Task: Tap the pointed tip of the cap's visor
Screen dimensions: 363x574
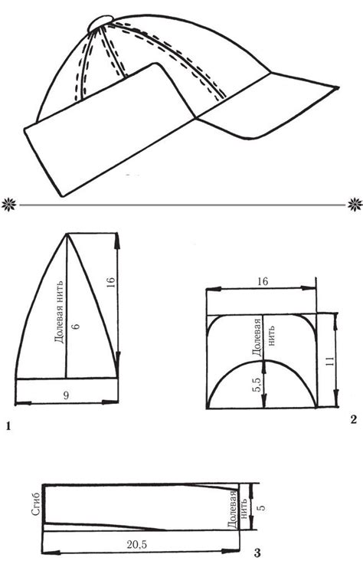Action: point(338,87)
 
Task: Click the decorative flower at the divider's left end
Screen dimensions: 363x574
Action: point(8,205)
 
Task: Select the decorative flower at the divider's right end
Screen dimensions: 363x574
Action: point(355,205)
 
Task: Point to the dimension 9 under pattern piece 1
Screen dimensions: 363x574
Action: point(66,395)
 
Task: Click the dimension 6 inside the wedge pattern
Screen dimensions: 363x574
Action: point(75,326)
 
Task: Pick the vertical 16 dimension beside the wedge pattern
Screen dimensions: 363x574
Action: point(111,282)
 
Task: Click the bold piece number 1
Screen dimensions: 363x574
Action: point(8,426)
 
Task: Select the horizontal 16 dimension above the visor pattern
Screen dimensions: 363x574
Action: point(263,281)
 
